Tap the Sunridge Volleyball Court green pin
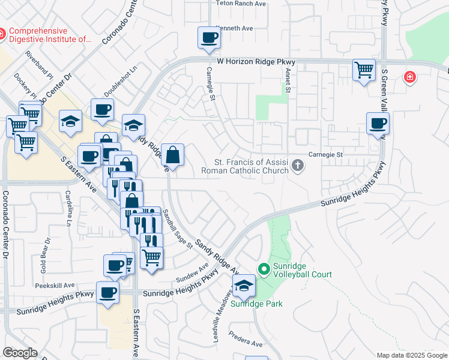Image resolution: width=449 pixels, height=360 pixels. pos(263,269)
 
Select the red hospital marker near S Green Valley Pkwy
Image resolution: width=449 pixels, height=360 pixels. pos(410,77)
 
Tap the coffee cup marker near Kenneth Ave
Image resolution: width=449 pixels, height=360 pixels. pos(209,38)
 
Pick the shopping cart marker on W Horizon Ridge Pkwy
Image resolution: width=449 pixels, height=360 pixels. pos(364,70)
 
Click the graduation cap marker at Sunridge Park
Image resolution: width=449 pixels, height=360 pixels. pos(244,286)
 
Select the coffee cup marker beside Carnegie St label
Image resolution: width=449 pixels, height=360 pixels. pos(378,124)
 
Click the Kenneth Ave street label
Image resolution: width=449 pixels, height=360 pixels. pos(235,28)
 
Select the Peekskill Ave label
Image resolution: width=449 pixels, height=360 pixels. pos(58,285)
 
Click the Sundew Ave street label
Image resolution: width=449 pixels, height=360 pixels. pos(192,274)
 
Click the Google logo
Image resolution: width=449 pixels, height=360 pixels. pos(20,353)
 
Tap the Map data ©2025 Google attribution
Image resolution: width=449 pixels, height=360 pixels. pos(411,355)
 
